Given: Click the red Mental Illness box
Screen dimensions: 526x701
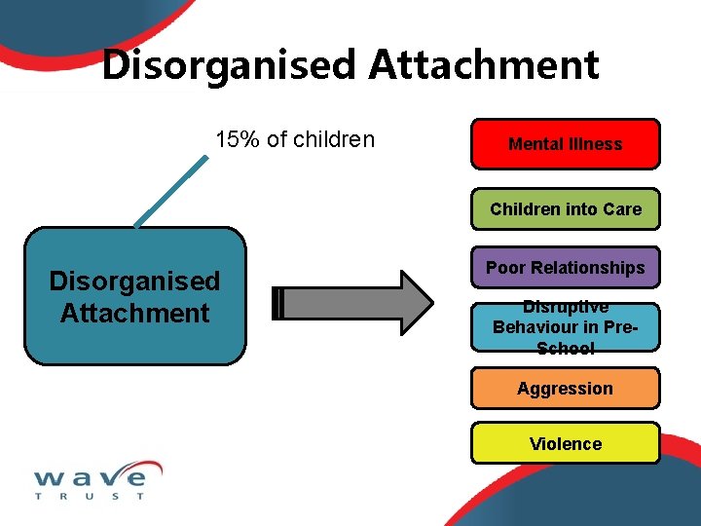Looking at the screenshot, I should (565, 144).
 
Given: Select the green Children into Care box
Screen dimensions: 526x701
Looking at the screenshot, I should (565, 208).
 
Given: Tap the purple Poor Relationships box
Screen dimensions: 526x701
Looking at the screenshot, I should (565, 267).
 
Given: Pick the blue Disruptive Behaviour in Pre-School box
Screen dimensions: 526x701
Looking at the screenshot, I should (565, 327).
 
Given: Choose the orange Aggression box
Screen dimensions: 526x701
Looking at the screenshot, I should (565, 388).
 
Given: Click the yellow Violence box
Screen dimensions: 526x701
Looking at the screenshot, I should (565, 443).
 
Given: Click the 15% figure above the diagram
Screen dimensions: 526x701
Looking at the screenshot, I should (237, 139).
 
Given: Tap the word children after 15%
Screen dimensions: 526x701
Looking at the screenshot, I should (334, 139).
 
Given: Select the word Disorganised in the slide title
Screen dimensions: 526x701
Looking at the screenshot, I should (230, 65).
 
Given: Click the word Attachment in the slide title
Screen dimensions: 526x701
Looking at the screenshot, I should (484, 65).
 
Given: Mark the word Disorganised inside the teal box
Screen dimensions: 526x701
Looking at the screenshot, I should (134, 282).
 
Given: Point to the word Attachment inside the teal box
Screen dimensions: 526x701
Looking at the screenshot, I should (134, 313).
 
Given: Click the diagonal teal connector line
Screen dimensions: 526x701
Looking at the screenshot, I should (171, 190).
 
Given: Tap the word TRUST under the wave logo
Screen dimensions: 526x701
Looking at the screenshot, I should (90, 496).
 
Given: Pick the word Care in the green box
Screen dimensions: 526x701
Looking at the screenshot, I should (623, 208).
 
